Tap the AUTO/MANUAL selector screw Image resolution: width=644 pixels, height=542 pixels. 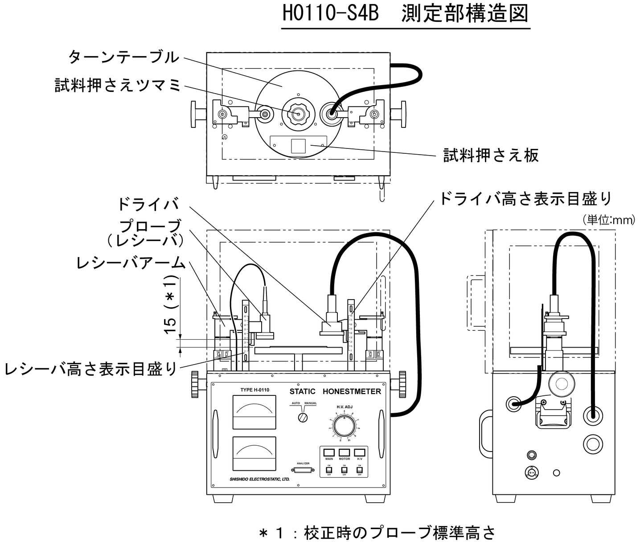coord(303,418)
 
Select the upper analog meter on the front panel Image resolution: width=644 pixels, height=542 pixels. coord(254,412)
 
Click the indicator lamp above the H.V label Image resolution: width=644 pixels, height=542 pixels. coord(359,452)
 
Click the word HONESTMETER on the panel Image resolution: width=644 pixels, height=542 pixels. coord(352,391)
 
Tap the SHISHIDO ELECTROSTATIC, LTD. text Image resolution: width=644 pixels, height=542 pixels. coord(250,479)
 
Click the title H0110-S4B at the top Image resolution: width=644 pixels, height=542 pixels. coord(331,14)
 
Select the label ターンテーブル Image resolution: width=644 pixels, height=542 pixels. coord(123,57)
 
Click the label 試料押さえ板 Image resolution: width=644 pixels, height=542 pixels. coord(491,155)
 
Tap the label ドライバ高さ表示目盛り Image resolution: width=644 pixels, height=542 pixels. coord(525,199)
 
